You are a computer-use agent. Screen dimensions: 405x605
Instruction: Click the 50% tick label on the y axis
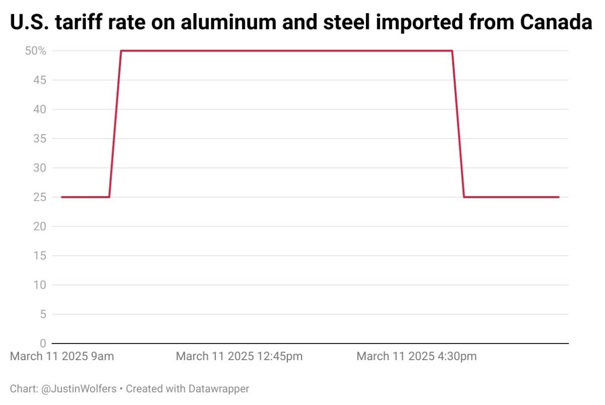click(35, 51)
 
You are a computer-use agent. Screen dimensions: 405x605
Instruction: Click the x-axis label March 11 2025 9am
click(62, 357)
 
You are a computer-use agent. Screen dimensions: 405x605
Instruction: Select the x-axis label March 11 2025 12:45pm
click(239, 357)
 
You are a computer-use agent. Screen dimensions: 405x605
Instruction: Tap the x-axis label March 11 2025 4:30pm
click(416, 357)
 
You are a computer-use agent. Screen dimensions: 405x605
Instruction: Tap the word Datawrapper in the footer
click(219, 389)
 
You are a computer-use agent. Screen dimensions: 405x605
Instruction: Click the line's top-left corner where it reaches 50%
click(121, 51)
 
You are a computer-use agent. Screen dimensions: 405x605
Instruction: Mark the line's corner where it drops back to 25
click(464, 197)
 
